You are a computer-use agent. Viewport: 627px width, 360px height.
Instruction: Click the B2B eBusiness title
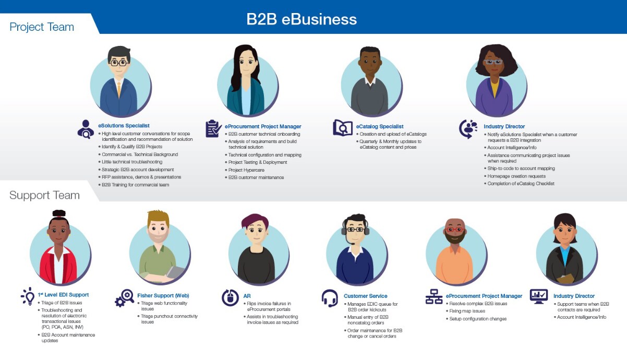302,19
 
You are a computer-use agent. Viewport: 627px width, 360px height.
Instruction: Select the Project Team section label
42,27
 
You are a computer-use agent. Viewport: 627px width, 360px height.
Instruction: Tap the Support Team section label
44,195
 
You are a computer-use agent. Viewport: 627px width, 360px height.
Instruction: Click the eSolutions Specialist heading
124,126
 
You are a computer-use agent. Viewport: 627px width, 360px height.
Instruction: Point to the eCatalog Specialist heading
380,126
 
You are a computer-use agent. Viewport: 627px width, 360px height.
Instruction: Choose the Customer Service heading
365,296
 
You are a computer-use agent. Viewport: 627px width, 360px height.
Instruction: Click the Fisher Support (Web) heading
163,296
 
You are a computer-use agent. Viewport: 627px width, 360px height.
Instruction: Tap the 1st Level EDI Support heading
63,295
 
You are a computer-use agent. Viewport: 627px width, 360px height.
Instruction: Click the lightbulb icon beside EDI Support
27,296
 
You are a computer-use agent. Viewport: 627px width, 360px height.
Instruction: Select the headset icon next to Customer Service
330,298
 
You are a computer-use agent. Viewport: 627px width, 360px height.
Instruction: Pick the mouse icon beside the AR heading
230,297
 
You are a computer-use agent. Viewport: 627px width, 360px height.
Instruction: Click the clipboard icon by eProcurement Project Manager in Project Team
213,128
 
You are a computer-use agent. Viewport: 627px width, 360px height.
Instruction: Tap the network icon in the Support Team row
433,297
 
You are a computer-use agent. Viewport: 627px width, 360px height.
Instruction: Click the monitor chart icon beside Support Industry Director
538,296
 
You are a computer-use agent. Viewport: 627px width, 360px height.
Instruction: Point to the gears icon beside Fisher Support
125,297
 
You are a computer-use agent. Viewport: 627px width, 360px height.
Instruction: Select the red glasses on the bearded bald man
453,230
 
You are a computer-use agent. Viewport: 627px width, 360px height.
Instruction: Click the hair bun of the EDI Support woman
59,213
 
